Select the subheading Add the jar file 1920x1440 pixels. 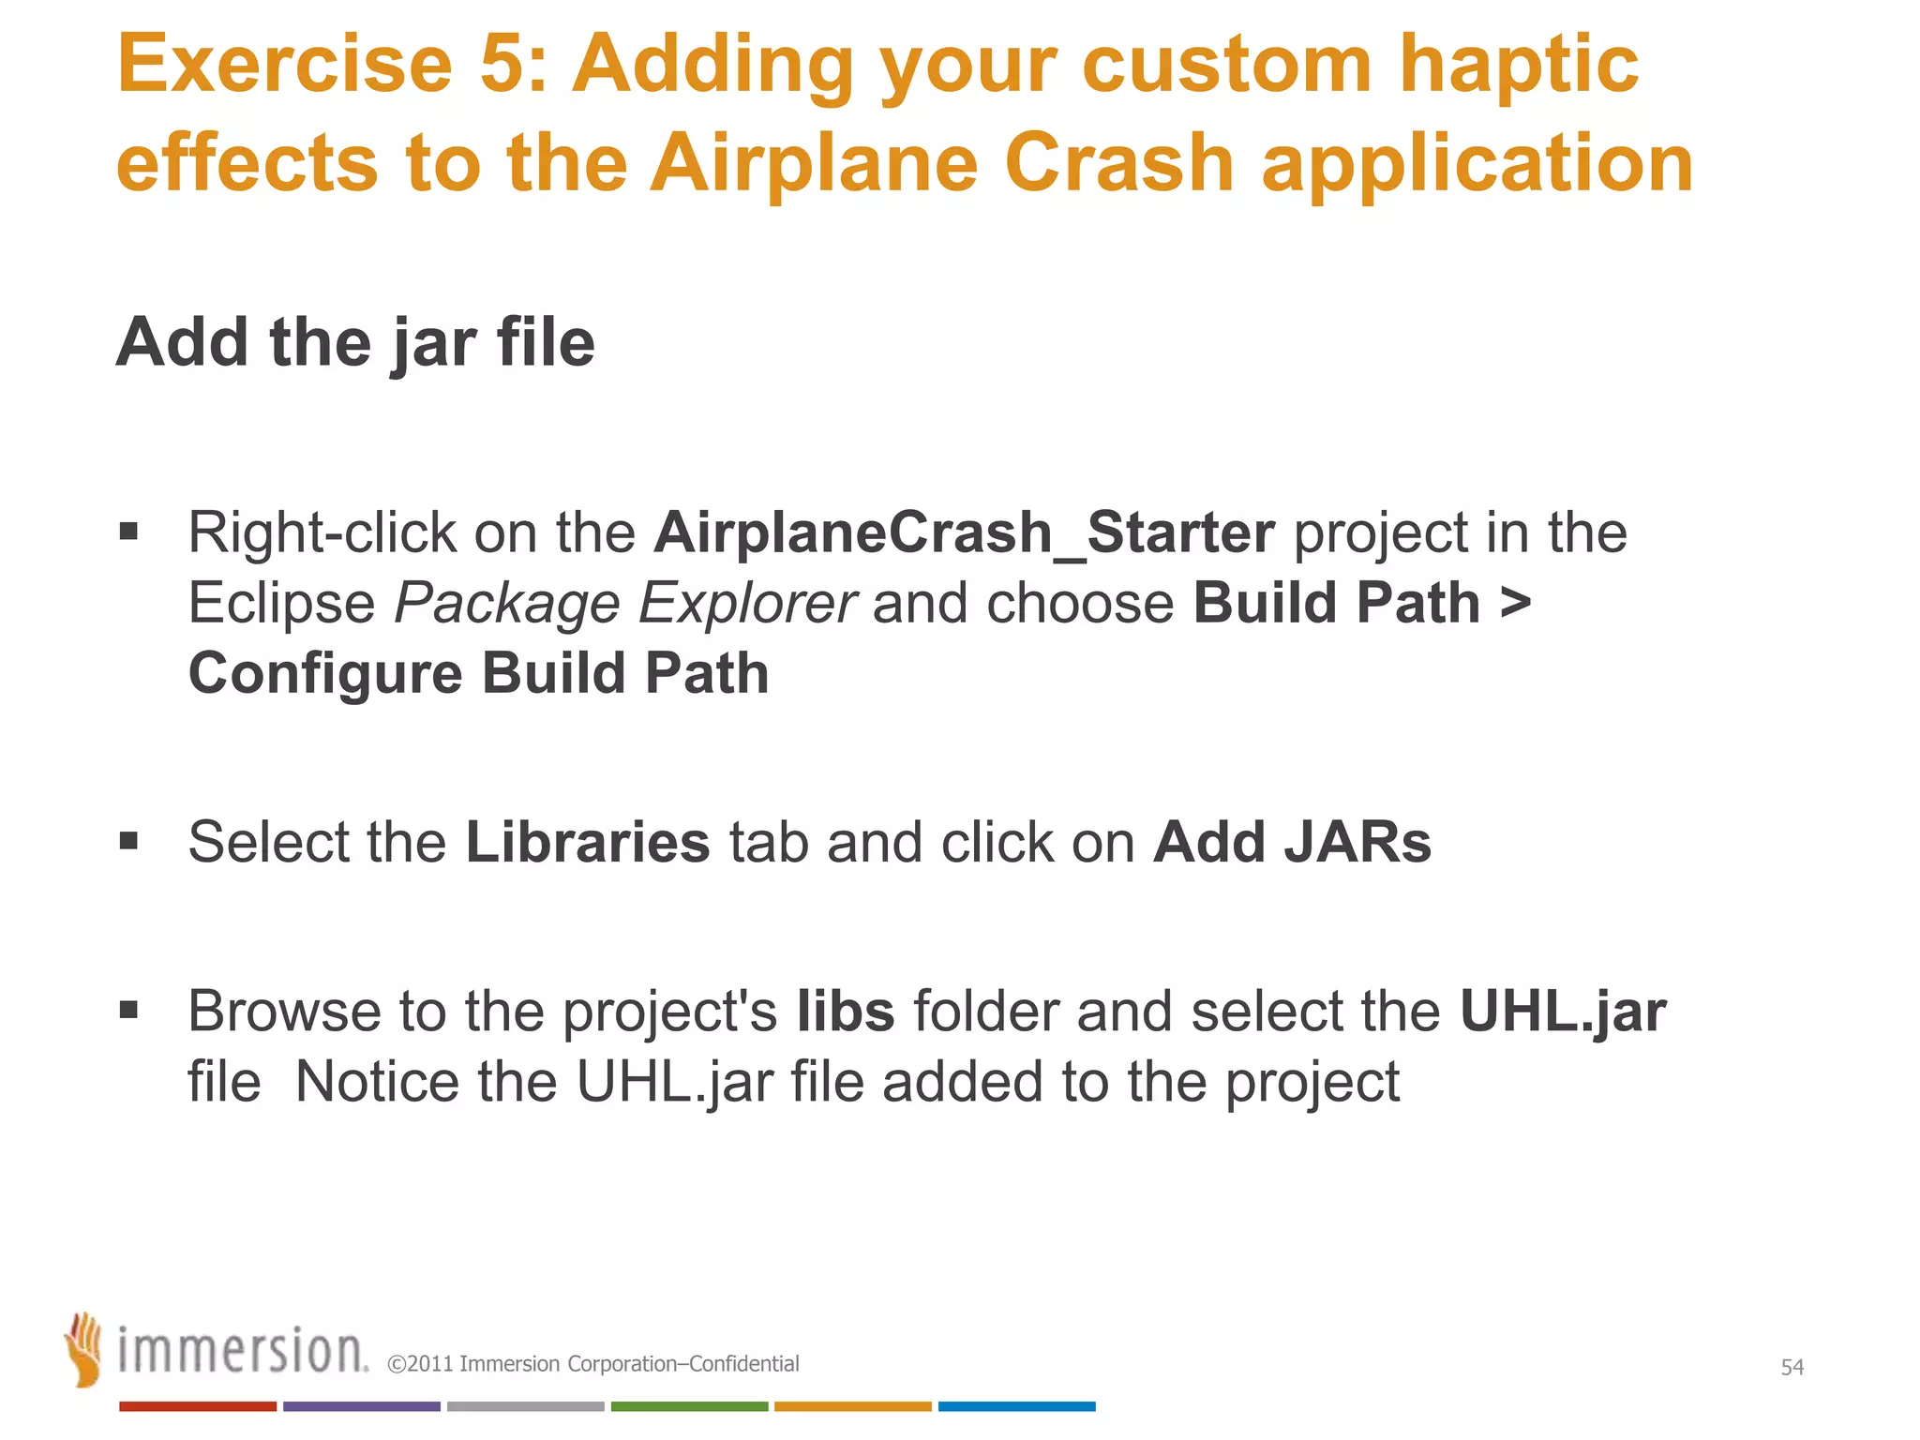[x=355, y=343]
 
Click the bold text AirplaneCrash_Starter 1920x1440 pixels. [x=964, y=532]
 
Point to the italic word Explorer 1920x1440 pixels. [x=747, y=603]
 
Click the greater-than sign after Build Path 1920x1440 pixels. [x=1515, y=603]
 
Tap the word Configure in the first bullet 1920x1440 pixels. [x=325, y=673]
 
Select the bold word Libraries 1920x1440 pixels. [x=588, y=842]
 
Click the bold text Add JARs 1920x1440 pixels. [x=1292, y=842]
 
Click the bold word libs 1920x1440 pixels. [x=846, y=1012]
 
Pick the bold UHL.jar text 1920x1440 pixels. [x=1563, y=1012]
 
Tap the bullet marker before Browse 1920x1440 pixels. [x=129, y=1011]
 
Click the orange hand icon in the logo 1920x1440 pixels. [x=84, y=1349]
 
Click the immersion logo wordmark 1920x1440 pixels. [x=243, y=1351]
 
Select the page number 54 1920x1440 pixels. [x=1792, y=1367]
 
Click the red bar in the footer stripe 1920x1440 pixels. [x=198, y=1406]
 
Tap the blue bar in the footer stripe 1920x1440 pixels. [x=1016, y=1406]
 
